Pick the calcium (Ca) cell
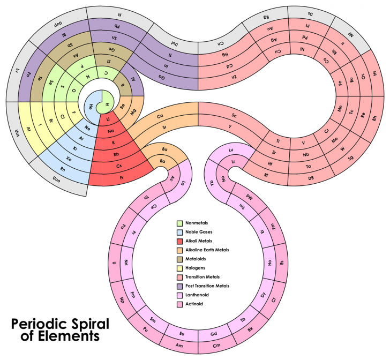point(160,116)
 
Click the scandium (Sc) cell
point(235,115)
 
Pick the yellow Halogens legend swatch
point(181,268)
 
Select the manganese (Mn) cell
point(339,108)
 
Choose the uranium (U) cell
point(114,263)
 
